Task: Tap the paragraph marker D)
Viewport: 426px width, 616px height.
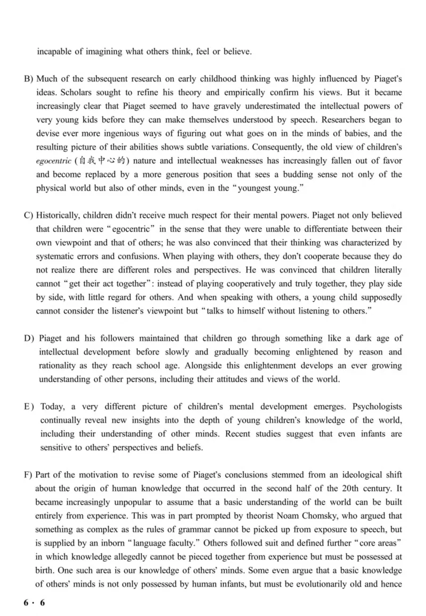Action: tap(29, 338)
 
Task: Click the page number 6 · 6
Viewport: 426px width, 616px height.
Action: tap(35, 602)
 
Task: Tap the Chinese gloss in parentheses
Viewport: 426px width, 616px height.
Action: tap(100, 161)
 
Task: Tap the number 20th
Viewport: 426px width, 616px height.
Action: tap(327, 488)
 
